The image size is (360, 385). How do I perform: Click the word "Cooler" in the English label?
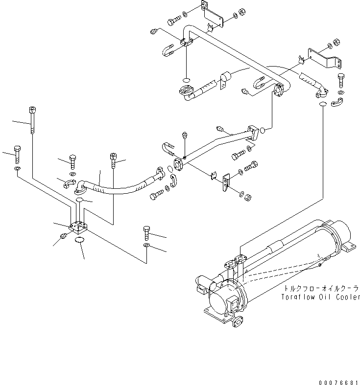point(346,297)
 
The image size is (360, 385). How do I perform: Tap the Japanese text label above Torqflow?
point(321,289)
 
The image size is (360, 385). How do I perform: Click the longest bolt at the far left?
point(32,119)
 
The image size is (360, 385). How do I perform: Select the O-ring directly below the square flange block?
point(79,240)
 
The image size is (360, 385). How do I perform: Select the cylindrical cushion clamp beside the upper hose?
point(226,77)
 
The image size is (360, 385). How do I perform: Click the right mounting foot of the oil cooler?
point(349,249)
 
